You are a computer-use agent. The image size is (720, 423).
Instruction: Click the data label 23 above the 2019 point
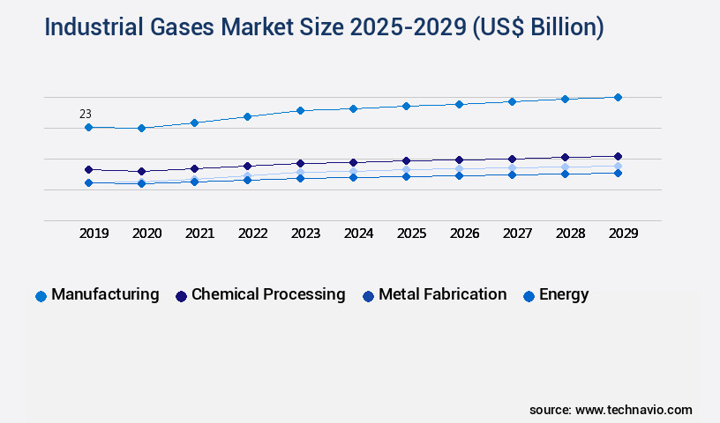pyautogui.click(x=86, y=114)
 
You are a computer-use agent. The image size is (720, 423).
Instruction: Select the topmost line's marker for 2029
pyautogui.click(x=618, y=97)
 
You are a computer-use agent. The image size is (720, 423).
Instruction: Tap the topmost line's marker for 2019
pyautogui.click(x=88, y=127)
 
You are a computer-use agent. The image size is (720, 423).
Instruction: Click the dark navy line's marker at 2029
pyautogui.click(x=618, y=156)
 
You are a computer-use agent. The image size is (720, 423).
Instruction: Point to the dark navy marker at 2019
pyautogui.click(x=88, y=169)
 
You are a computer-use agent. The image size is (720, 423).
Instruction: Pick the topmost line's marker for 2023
pyautogui.click(x=300, y=110)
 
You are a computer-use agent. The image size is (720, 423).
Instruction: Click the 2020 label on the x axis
pyautogui.click(x=146, y=234)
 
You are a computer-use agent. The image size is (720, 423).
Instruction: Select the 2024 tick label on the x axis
pyautogui.click(x=358, y=234)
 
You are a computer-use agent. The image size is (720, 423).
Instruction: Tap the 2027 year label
pyautogui.click(x=517, y=234)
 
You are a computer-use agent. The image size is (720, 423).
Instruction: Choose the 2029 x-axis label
pyautogui.click(x=623, y=234)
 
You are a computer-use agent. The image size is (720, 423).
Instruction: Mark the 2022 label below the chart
pyautogui.click(x=252, y=234)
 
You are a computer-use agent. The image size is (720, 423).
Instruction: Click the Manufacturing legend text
pyautogui.click(x=105, y=294)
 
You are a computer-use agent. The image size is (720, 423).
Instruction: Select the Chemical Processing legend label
pyautogui.click(x=268, y=294)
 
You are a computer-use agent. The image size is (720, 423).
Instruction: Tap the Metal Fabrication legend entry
pyautogui.click(x=442, y=294)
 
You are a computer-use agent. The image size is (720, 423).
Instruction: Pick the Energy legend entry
pyautogui.click(x=564, y=294)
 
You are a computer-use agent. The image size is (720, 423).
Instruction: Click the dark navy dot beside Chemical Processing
pyautogui.click(x=181, y=296)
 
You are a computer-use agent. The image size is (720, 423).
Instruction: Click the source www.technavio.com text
pyautogui.click(x=611, y=410)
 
